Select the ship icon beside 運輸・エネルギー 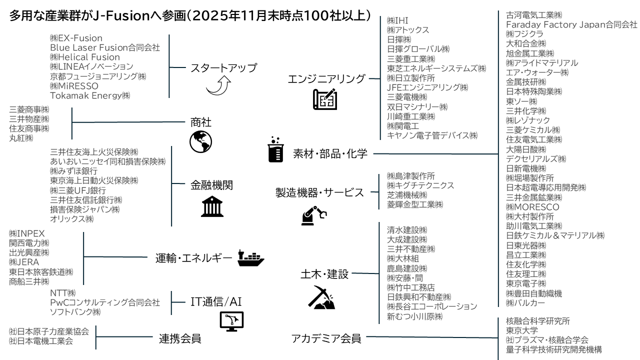tap(250, 257)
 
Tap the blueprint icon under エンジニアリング tap(324, 100)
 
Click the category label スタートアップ tap(223, 67)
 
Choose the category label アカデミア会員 tap(326, 338)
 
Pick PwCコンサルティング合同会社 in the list tap(105, 302)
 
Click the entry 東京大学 tap(522, 330)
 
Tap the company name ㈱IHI tap(398, 21)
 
